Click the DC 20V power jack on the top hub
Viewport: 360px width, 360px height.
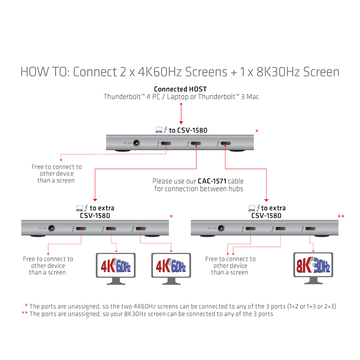(136, 143)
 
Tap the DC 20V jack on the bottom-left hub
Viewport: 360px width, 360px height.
(51, 228)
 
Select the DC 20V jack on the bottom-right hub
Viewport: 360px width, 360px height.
(221, 228)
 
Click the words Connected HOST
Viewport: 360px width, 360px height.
(180, 89)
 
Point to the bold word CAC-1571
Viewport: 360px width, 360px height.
(212, 181)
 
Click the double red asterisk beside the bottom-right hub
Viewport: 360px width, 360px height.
(341, 217)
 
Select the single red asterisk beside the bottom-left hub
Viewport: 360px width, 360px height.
(171, 217)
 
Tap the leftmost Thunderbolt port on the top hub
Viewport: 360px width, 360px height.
(166, 144)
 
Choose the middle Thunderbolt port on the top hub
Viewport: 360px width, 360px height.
(196, 144)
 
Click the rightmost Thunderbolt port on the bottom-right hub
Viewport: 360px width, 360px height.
(310, 229)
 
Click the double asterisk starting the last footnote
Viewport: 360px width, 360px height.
(25, 314)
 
